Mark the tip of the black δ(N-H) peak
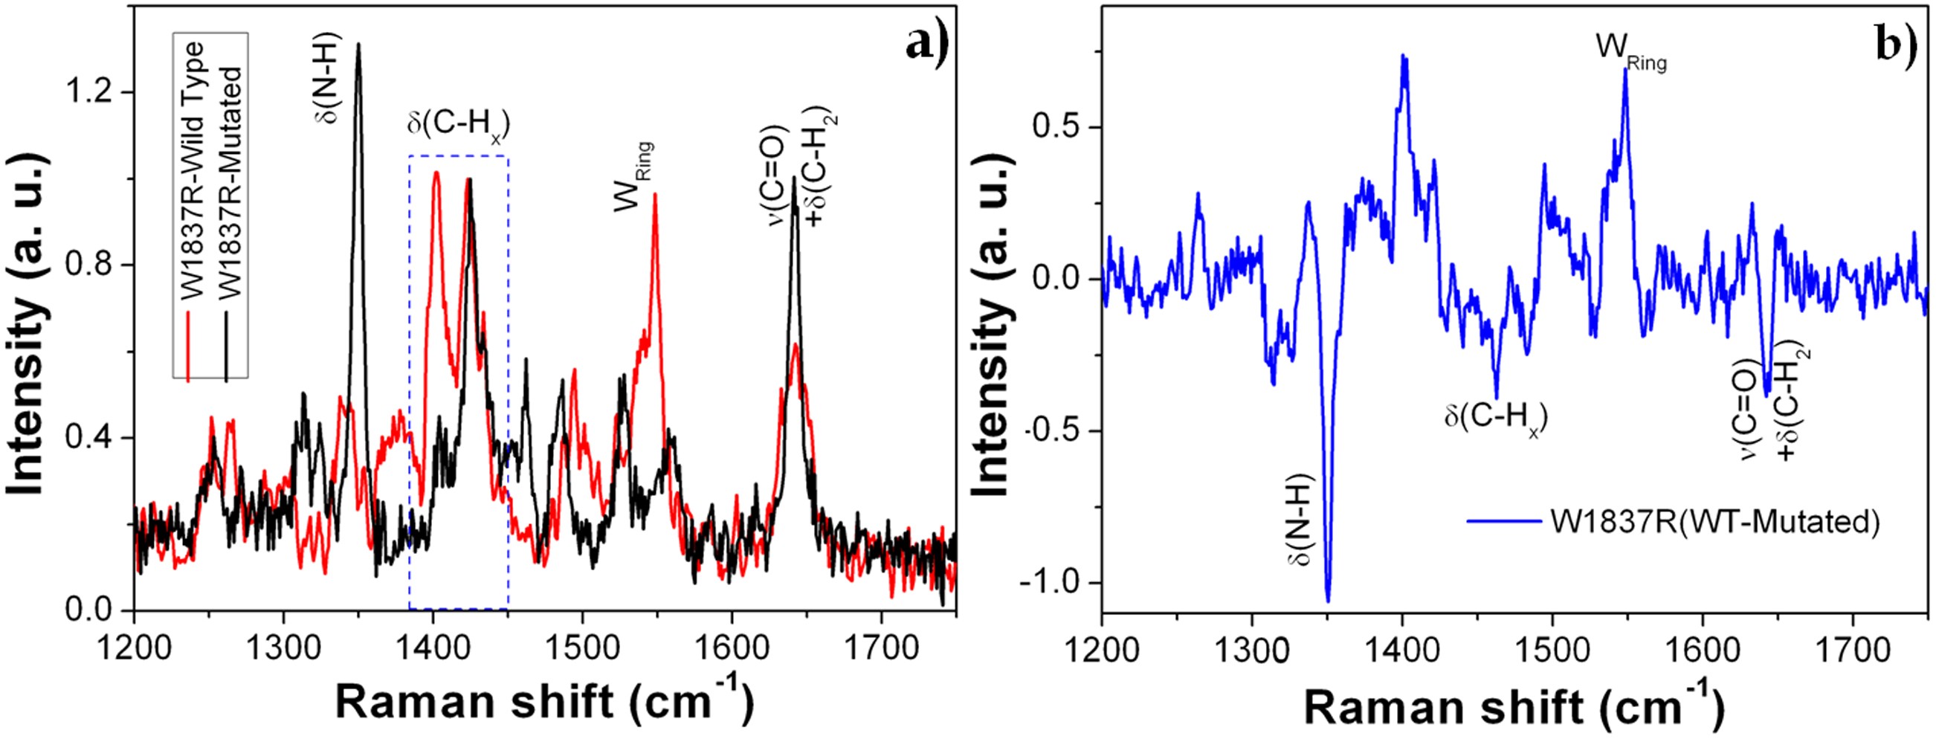click(358, 45)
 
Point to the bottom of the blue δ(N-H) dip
click(1328, 601)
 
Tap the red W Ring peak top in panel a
click(654, 194)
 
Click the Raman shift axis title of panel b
click(1514, 707)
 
